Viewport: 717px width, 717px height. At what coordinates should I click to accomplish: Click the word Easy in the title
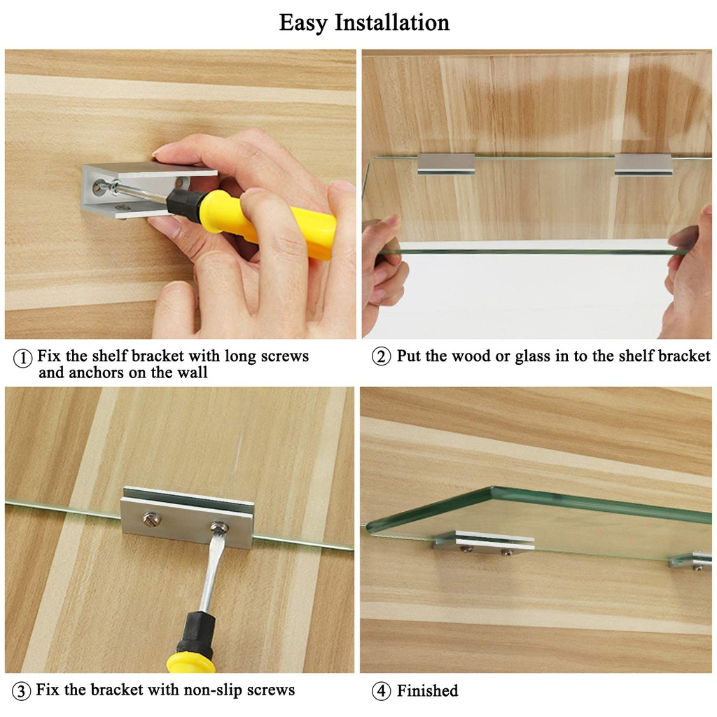[x=303, y=23]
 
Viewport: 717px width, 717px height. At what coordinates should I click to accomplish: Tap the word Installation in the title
[x=392, y=22]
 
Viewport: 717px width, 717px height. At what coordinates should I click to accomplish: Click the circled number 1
[x=23, y=358]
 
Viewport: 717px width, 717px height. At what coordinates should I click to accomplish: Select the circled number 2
[x=381, y=356]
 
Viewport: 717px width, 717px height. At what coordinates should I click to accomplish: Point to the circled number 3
[x=21, y=690]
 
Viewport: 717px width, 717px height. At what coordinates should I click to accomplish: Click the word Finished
[x=427, y=690]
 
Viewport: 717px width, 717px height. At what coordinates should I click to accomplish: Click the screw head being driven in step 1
[x=99, y=186]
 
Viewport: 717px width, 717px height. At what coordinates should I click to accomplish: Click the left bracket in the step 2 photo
[x=446, y=164]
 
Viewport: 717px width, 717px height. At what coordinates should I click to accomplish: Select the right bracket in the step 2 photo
[x=643, y=164]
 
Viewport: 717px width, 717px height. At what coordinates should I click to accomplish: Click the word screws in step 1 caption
[x=284, y=356]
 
